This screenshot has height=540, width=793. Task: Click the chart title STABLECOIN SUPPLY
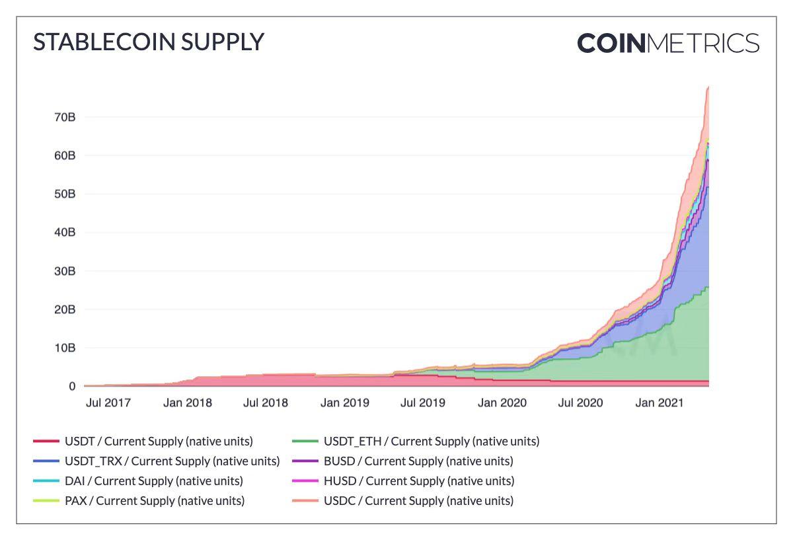[x=149, y=42]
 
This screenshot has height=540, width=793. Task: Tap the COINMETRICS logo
[x=668, y=44]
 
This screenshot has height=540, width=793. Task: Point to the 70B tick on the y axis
[x=64, y=117]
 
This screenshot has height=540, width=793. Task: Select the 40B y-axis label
[x=64, y=233]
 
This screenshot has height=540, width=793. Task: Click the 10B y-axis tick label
[x=64, y=348]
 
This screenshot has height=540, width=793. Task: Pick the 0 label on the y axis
[x=71, y=386]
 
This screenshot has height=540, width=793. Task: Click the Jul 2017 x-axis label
[x=108, y=402]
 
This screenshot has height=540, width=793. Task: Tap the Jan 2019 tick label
[x=344, y=402]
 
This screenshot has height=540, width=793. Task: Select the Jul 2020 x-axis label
[x=580, y=402]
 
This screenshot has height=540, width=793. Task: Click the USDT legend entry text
[x=159, y=441]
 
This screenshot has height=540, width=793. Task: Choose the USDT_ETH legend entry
[x=431, y=441]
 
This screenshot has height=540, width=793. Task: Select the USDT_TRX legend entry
[x=172, y=461]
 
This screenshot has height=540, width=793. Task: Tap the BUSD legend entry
[x=418, y=461]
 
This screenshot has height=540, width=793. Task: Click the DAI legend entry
[x=153, y=481]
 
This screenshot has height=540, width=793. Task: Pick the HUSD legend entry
[x=418, y=481]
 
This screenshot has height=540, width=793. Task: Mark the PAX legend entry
[x=154, y=500]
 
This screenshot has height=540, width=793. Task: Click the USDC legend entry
[x=418, y=500]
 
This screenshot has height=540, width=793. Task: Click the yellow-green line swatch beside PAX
[x=45, y=501]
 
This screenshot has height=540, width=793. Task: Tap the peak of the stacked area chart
[x=708, y=87]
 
